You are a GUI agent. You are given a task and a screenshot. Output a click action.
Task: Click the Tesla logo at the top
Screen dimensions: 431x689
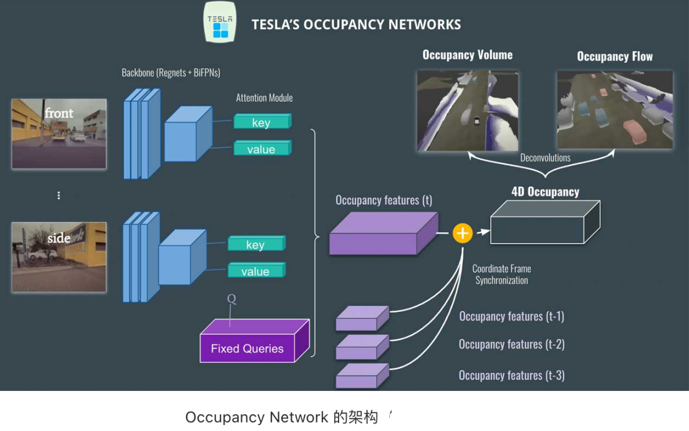[219, 22]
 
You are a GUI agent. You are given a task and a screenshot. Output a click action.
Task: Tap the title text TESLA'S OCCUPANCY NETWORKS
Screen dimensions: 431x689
[356, 25]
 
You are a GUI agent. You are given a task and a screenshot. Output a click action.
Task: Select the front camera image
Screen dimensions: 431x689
[59, 133]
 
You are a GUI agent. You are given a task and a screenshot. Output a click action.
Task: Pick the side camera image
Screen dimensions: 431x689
[59, 257]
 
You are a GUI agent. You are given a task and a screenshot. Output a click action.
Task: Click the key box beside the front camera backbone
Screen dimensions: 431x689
[261, 122]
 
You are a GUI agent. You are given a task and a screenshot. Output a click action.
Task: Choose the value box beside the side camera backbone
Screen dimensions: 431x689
[255, 271]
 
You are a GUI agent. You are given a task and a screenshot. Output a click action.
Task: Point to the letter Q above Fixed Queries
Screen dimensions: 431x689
[231, 299]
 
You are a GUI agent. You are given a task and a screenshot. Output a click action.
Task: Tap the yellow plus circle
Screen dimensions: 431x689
[462, 233]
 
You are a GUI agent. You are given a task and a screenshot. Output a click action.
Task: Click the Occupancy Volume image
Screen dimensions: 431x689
[468, 110]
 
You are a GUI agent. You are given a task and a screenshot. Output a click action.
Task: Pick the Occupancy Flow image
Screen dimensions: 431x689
[615, 110]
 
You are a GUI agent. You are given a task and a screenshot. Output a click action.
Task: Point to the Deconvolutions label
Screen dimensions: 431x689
[545, 158]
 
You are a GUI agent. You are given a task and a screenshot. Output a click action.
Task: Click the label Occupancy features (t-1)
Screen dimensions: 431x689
[511, 316]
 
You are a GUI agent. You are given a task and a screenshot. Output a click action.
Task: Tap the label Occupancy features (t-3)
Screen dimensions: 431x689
[511, 375]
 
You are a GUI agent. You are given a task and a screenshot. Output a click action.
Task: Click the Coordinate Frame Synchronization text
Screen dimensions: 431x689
[501, 274]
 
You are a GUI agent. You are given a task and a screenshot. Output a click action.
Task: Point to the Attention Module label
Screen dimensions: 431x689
[264, 98]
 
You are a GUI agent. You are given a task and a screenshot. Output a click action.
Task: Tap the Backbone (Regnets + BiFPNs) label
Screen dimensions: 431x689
[171, 72]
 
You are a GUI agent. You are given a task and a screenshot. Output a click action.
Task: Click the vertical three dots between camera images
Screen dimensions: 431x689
[59, 196]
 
